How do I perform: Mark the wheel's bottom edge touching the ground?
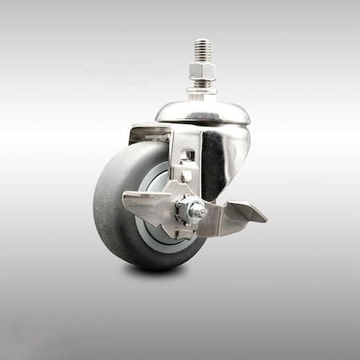click(x=144, y=266)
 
